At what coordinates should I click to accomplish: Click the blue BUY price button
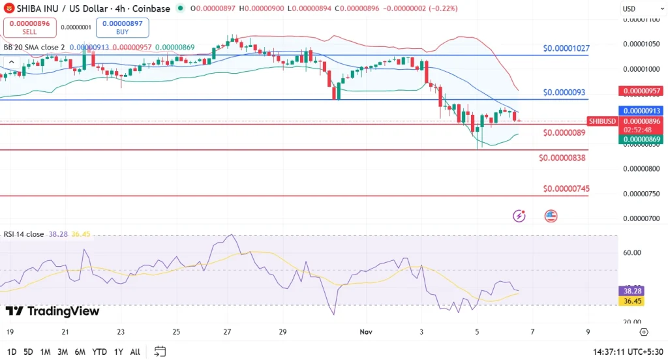(x=122, y=27)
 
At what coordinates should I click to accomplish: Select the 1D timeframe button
(x=12, y=352)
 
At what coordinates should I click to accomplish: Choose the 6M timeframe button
(x=80, y=352)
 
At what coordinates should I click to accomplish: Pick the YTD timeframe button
(x=99, y=352)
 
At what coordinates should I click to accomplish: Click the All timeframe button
(x=134, y=352)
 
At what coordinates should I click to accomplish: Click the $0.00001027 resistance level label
(x=566, y=49)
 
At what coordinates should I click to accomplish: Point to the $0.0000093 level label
(x=566, y=92)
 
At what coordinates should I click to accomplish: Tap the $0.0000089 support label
(x=564, y=132)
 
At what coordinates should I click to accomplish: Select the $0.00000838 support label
(x=562, y=158)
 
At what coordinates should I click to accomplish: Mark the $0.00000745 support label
(x=566, y=188)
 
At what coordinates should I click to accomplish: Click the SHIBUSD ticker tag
(x=602, y=121)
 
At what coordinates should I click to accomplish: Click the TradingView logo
(x=53, y=311)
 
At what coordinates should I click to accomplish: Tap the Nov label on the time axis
(x=366, y=331)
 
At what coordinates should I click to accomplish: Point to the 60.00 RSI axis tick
(x=632, y=253)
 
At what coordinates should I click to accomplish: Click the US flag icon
(x=551, y=216)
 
